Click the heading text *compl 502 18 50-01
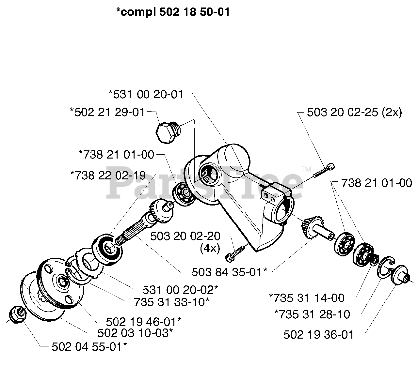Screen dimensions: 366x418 173,12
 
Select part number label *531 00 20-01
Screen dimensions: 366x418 146,94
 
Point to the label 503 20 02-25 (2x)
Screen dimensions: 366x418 354,113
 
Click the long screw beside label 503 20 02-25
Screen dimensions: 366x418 325,171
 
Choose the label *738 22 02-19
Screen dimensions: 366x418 108,175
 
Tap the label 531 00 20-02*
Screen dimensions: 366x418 180,289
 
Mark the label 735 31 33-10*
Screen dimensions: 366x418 171,302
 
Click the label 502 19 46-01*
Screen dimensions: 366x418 144,322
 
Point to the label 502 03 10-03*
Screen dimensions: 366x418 135,333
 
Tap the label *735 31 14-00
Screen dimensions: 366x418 307,297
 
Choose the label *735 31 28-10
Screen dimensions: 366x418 312,314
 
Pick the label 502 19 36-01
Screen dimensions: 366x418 319,335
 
